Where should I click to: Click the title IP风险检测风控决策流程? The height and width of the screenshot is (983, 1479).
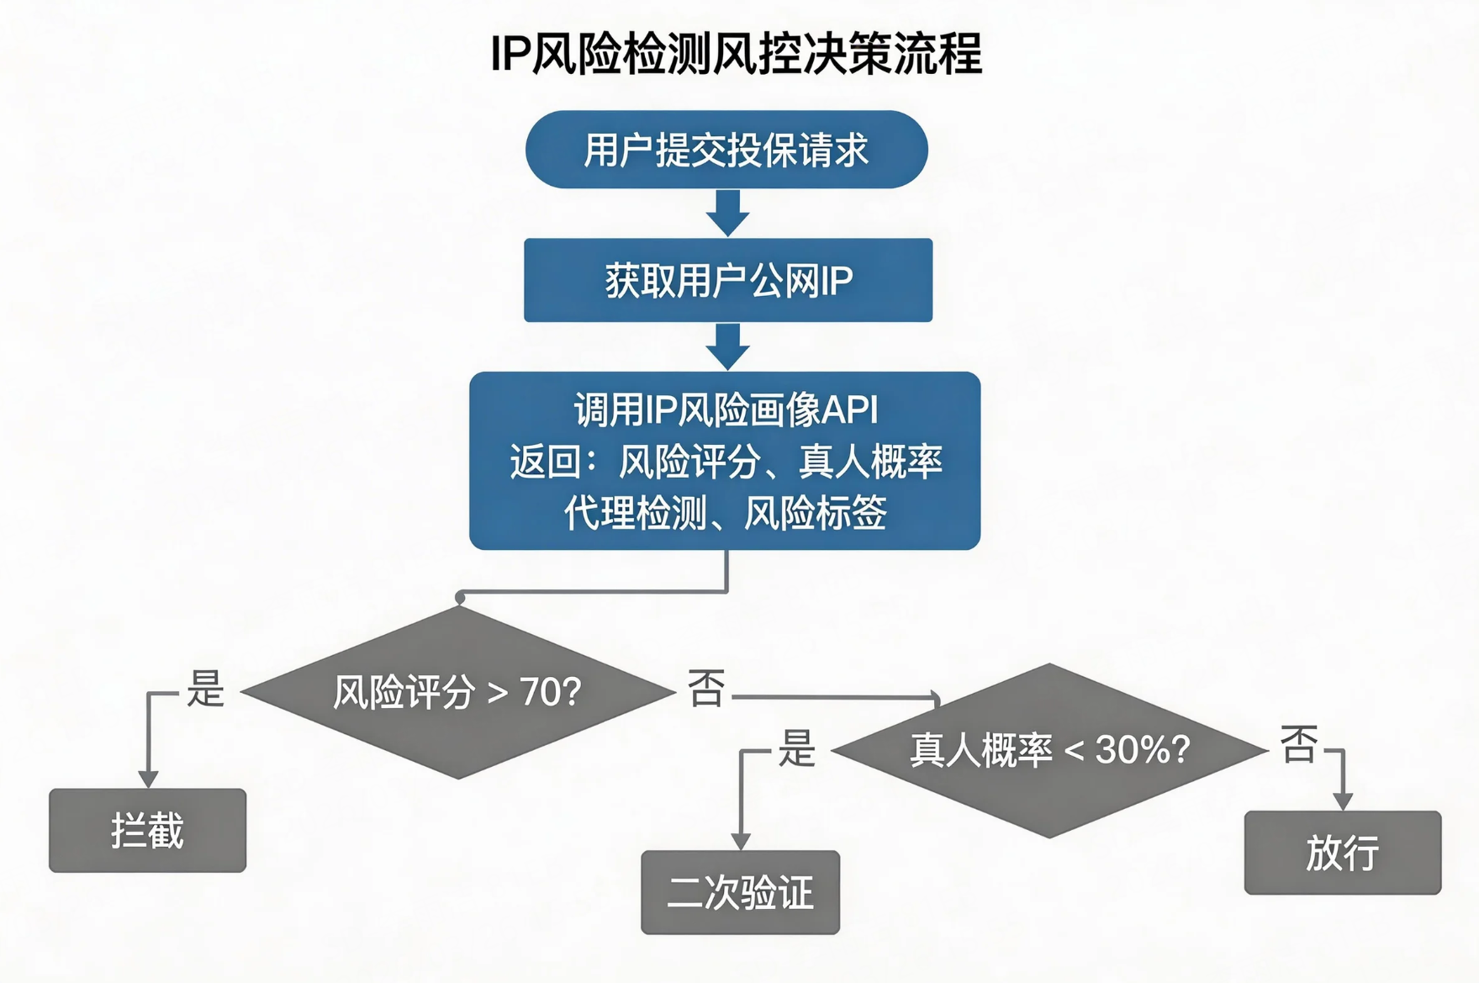[x=736, y=55]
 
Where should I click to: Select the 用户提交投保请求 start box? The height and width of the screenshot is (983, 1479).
[x=726, y=150]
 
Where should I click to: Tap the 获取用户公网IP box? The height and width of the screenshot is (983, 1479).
[x=728, y=280]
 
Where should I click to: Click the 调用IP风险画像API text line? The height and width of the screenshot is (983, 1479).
[x=726, y=410]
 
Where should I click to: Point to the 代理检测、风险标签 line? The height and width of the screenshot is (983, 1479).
[x=725, y=513]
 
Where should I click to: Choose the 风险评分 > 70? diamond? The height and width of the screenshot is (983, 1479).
[x=457, y=692]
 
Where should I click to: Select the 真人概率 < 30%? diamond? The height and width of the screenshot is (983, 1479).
[x=1049, y=749]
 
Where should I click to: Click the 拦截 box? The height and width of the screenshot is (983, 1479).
[x=147, y=831]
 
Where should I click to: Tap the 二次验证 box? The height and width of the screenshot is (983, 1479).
[x=740, y=892]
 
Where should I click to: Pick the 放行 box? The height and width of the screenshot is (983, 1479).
[x=1342, y=853]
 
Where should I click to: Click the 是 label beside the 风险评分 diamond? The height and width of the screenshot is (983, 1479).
[x=205, y=689]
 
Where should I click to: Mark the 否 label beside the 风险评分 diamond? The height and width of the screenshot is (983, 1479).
[x=706, y=688]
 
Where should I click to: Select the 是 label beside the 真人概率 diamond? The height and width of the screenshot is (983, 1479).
[x=796, y=748]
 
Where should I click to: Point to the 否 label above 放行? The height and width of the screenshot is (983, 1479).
[x=1299, y=743]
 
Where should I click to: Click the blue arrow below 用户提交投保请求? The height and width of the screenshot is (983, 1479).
[x=727, y=214]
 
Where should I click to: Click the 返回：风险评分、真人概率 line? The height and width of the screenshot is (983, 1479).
[x=726, y=462]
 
